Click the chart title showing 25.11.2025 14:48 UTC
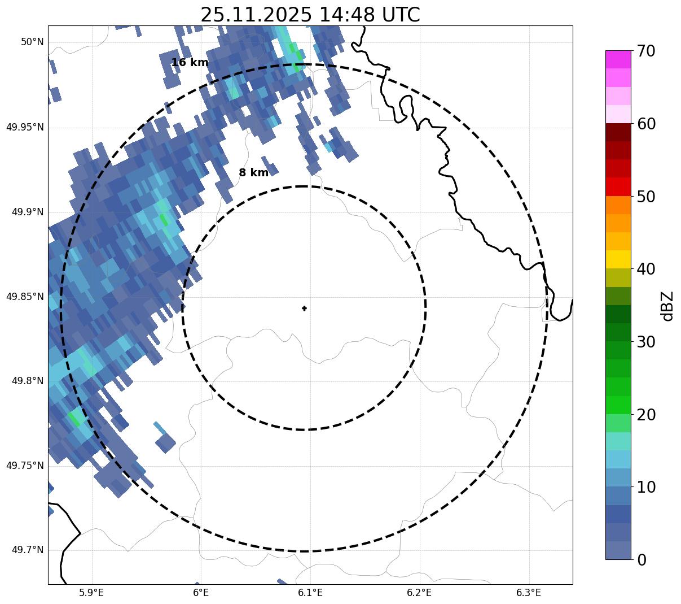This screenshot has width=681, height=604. click(x=310, y=15)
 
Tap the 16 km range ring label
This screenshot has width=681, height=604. click(x=190, y=63)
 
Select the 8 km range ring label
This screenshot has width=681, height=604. click(x=254, y=173)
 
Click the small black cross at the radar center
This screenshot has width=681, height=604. click(x=305, y=308)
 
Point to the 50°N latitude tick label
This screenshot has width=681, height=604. click(x=32, y=42)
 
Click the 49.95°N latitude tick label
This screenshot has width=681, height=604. click(x=25, y=127)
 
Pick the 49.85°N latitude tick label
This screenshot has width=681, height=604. click(x=25, y=297)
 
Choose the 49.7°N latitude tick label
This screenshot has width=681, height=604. click(x=28, y=550)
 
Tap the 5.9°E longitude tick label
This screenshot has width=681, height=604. click(x=91, y=593)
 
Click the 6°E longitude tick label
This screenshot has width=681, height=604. click(x=201, y=593)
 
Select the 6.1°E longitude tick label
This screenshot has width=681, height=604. click(x=310, y=593)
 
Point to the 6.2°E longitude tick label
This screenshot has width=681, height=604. click(x=419, y=593)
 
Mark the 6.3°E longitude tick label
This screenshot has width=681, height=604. click(x=529, y=593)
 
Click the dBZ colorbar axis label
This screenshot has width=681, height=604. click(x=667, y=306)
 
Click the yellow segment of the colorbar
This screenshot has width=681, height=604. click(x=618, y=259)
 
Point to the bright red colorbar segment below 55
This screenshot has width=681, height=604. click(x=618, y=187)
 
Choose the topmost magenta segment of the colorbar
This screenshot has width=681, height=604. click(x=618, y=59)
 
